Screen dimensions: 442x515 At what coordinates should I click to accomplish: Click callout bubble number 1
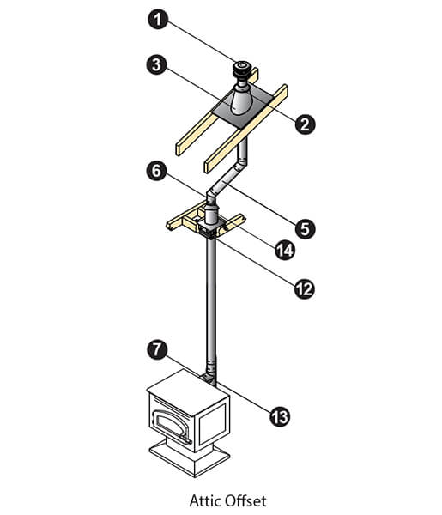(158, 19)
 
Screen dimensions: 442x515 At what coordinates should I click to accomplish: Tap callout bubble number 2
(305, 124)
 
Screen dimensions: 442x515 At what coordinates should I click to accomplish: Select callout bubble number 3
(157, 64)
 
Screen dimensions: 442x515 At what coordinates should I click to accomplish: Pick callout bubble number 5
(305, 228)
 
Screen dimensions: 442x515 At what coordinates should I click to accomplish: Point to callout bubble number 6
(157, 171)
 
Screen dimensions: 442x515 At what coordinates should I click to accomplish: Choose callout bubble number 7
(158, 349)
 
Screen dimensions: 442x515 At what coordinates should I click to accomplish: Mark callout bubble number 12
(305, 289)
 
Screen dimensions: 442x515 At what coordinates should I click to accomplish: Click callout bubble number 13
(280, 417)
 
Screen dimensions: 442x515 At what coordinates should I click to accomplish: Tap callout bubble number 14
(285, 250)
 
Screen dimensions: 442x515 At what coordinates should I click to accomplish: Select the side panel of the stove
(213, 423)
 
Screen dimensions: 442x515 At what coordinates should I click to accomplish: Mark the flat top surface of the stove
(188, 389)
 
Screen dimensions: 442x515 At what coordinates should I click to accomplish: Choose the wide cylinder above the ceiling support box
(211, 215)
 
